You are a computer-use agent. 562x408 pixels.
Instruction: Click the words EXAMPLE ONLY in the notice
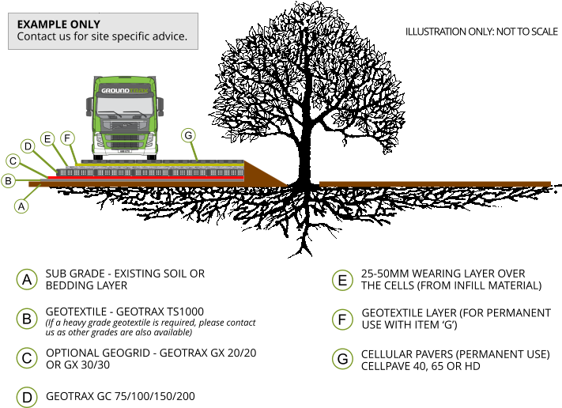58,25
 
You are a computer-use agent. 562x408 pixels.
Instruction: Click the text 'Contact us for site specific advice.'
102,36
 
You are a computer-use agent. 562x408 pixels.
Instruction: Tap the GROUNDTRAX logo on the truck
124,91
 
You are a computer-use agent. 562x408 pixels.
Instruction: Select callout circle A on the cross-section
21,206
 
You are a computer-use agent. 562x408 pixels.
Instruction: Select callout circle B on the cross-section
9,181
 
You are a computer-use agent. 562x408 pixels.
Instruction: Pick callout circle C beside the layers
13,161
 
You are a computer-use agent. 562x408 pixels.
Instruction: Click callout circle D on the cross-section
28,146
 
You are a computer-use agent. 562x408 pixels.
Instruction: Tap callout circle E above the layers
47,139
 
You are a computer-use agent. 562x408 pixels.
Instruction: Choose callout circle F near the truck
67,138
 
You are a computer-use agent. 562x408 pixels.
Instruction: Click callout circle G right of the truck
188,135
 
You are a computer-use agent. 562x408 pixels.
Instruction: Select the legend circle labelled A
27,280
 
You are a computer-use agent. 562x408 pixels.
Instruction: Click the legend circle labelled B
27,319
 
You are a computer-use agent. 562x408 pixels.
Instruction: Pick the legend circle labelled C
27,358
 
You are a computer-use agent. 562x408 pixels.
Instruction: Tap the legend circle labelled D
27,397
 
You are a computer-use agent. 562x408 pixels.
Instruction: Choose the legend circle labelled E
342,281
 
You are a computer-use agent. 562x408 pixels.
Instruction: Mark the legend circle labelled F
342,320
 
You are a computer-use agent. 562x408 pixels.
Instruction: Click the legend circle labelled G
342,360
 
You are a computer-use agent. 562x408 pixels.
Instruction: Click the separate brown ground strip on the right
435,184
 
